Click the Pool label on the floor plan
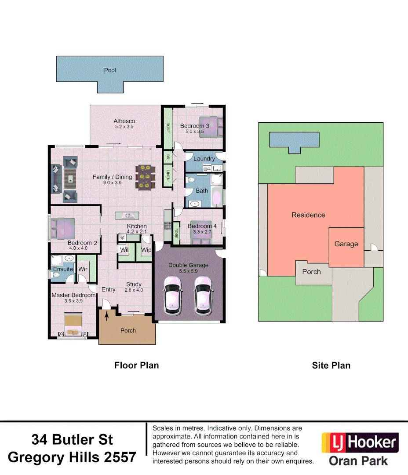click(x=110, y=70)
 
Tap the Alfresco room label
click(x=124, y=121)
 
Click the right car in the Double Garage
click(x=204, y=296)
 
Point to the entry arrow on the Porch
click(x=106, y=315)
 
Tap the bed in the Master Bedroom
click(x=73, y=325)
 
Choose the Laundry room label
click(x=204, y=158)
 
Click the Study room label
click(x=134, y=284)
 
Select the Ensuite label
click(x=63, y=269)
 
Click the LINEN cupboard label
click(x=168, y=175)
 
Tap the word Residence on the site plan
click(x=308, y=215)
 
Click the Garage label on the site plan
click(x=346, y=244)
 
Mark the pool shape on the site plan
click(x=294, y=141)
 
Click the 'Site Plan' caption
click(x=331, y=365)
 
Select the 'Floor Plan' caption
click(x=136, y=365)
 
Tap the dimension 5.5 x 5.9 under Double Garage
click(x=188, y=271)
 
